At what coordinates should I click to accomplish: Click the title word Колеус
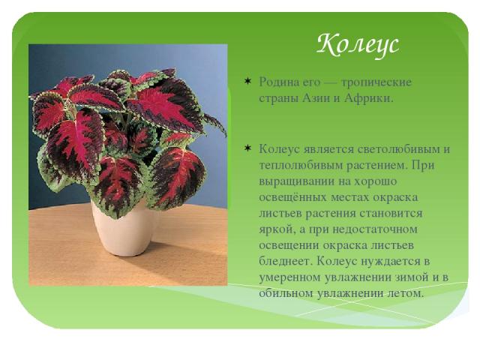coord(358,45)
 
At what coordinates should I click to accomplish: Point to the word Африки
coord(368,98)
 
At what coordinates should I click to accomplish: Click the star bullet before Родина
coord(247,82)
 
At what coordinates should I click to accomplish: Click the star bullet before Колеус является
coord(247,148)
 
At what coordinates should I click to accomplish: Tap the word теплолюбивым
coord(301,166)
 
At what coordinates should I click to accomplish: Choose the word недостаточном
coord(375,229)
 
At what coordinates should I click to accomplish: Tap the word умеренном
coord(290,278)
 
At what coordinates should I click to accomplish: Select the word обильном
coord(286,293)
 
